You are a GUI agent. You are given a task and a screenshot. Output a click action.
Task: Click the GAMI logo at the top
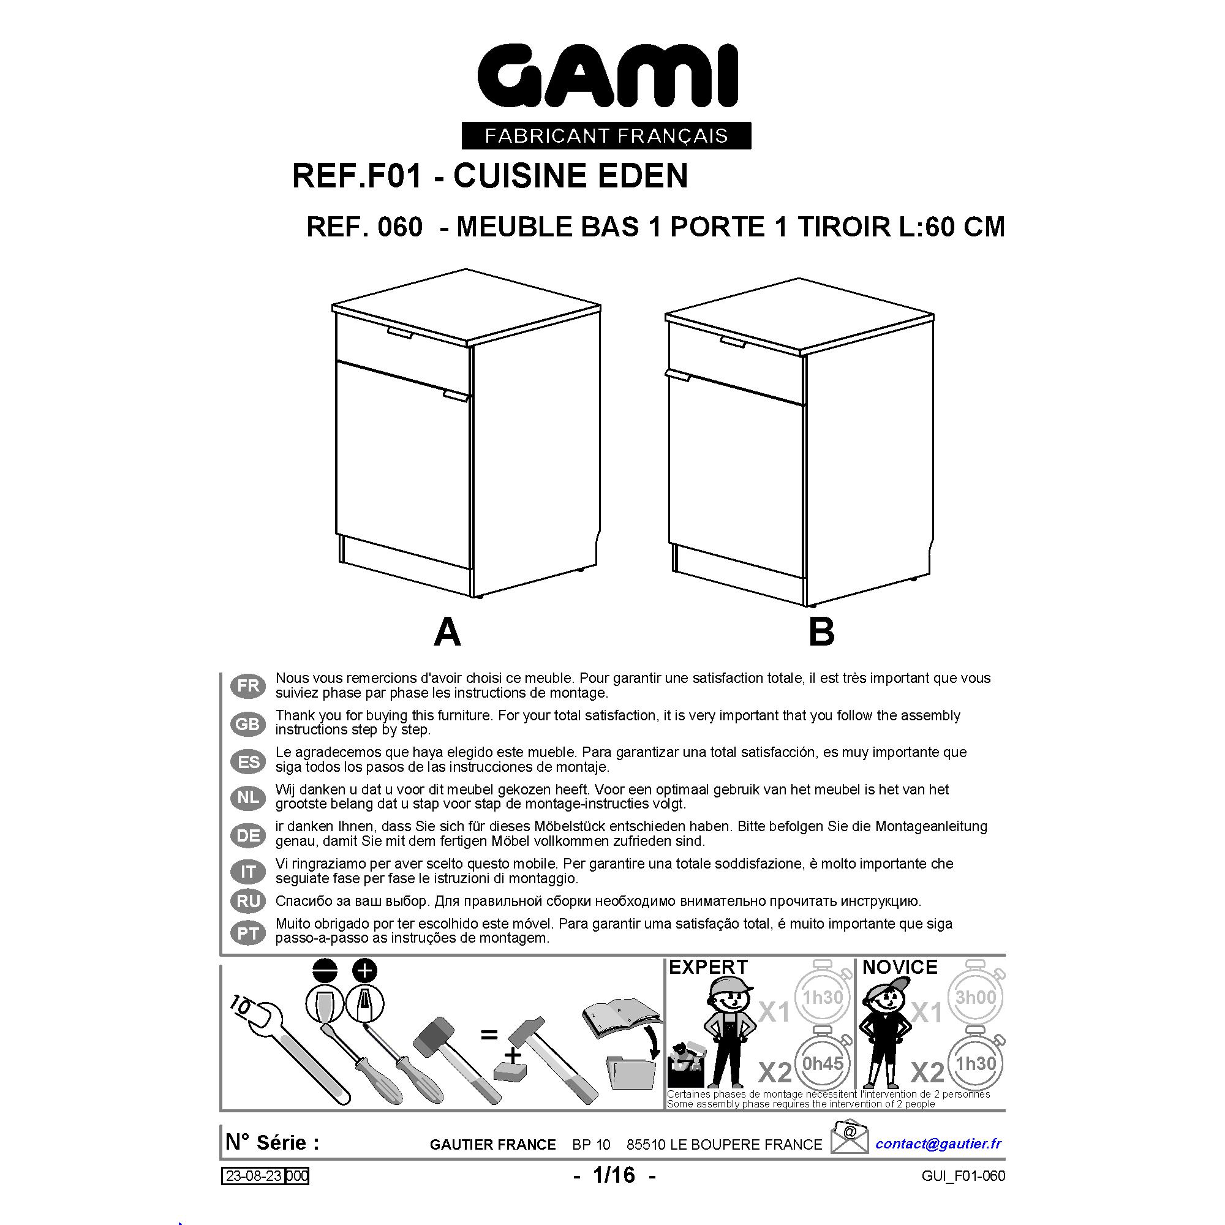point(608,77)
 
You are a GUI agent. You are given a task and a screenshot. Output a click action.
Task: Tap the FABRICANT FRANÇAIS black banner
point(606,136)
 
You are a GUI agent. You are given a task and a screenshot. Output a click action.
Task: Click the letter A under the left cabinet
point(447,632)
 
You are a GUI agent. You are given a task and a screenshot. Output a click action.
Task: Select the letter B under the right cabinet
point(822,632)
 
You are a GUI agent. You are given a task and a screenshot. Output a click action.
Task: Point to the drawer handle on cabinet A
point(400,334)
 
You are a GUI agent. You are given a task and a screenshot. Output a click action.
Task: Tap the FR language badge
point(248,686)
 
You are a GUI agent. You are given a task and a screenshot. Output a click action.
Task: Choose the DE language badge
point(248,835)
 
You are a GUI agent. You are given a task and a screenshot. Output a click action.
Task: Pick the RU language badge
point(248,901)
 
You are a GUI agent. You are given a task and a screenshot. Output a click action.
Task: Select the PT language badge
point(248,933)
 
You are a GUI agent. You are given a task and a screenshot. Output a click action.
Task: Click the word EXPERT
point(708,968)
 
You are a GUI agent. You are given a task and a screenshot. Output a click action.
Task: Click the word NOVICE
point(900,968)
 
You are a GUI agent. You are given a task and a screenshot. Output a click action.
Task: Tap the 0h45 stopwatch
point(823,1063)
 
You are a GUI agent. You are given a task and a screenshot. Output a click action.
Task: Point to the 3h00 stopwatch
point(976,997)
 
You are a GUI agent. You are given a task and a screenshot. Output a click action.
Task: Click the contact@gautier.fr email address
point(938,1144)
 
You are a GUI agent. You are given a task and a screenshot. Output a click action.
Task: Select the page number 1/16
point(614,1175)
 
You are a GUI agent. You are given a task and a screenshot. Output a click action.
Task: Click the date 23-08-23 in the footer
point(254,1176)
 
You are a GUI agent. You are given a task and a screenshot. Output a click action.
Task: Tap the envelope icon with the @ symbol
point(849,1137)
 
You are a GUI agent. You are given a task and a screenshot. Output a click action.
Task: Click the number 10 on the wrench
point(241,1006)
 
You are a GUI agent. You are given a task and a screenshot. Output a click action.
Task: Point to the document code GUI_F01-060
point(963,1176)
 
